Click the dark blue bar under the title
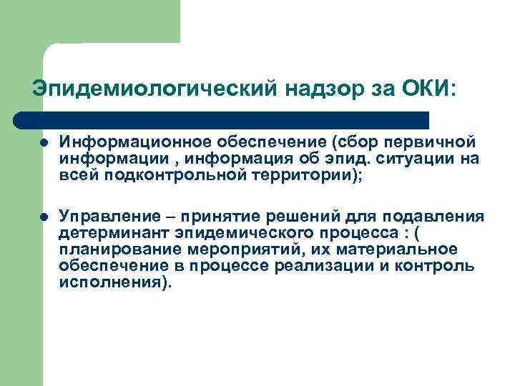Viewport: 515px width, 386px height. tap(222, 119)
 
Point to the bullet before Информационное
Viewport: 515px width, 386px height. tap(44, 142)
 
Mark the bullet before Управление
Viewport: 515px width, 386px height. tap(44, 217)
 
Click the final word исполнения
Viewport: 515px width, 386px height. tap(111, 282)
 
